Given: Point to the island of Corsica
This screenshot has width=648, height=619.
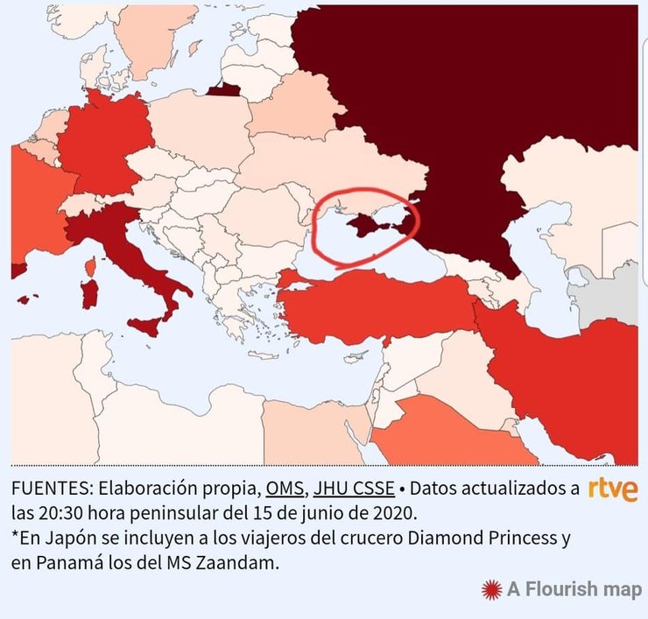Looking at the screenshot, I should point(89,264).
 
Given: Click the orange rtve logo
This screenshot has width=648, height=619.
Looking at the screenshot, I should point(613,489).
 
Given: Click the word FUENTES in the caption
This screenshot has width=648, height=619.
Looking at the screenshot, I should point(50,488).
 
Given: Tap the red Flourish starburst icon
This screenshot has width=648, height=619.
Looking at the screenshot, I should point(490,589).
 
